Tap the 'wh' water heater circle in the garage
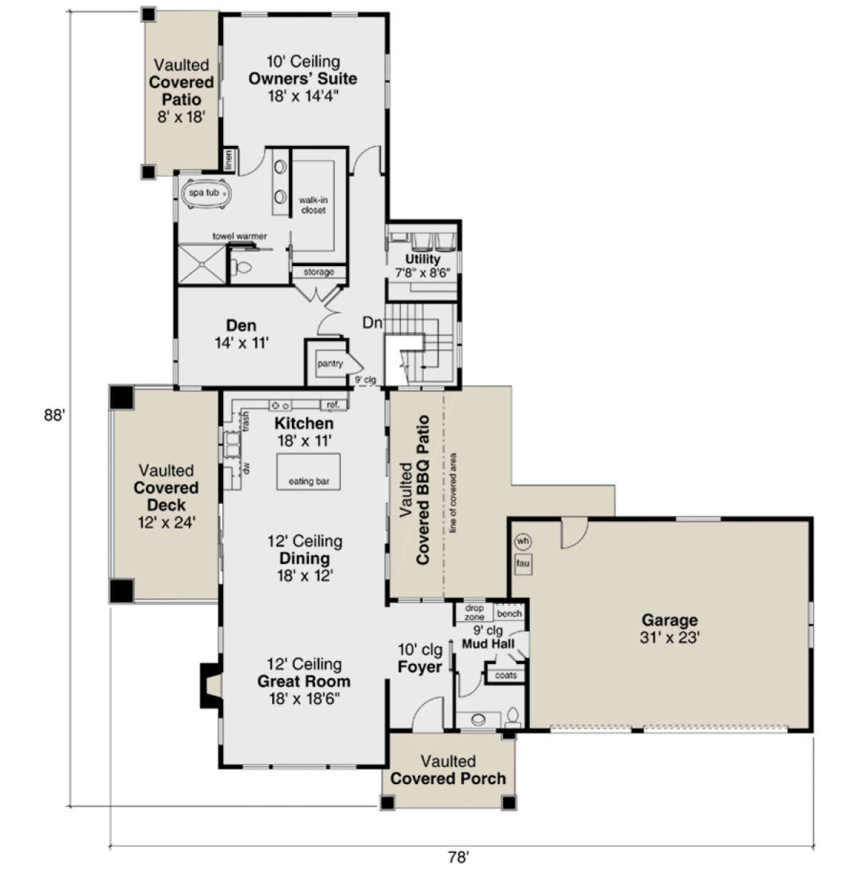tap(523, 541)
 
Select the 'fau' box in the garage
tap(523, 564)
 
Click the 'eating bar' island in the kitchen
tap(309, 471)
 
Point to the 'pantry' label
tap(330, 363)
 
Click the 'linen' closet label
tap(228, 160)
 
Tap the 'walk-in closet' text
tap(313, 205)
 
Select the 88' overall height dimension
tap(54, 415)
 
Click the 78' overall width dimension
tap(458, 856)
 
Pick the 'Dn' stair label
tap(372, 323)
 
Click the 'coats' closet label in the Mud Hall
tap(505, 675)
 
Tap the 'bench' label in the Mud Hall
tap(509, 614)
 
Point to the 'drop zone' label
tap(475, 612)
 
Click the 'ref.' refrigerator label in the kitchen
tap(333, 405)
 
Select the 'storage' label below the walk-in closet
tap(319, 272)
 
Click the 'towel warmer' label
tap(240, 236)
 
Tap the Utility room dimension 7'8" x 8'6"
tap(422, 273)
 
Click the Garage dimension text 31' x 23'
tap(669, 637)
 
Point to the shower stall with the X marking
tap(202, 264)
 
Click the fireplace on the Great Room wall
tap(210, 685)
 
